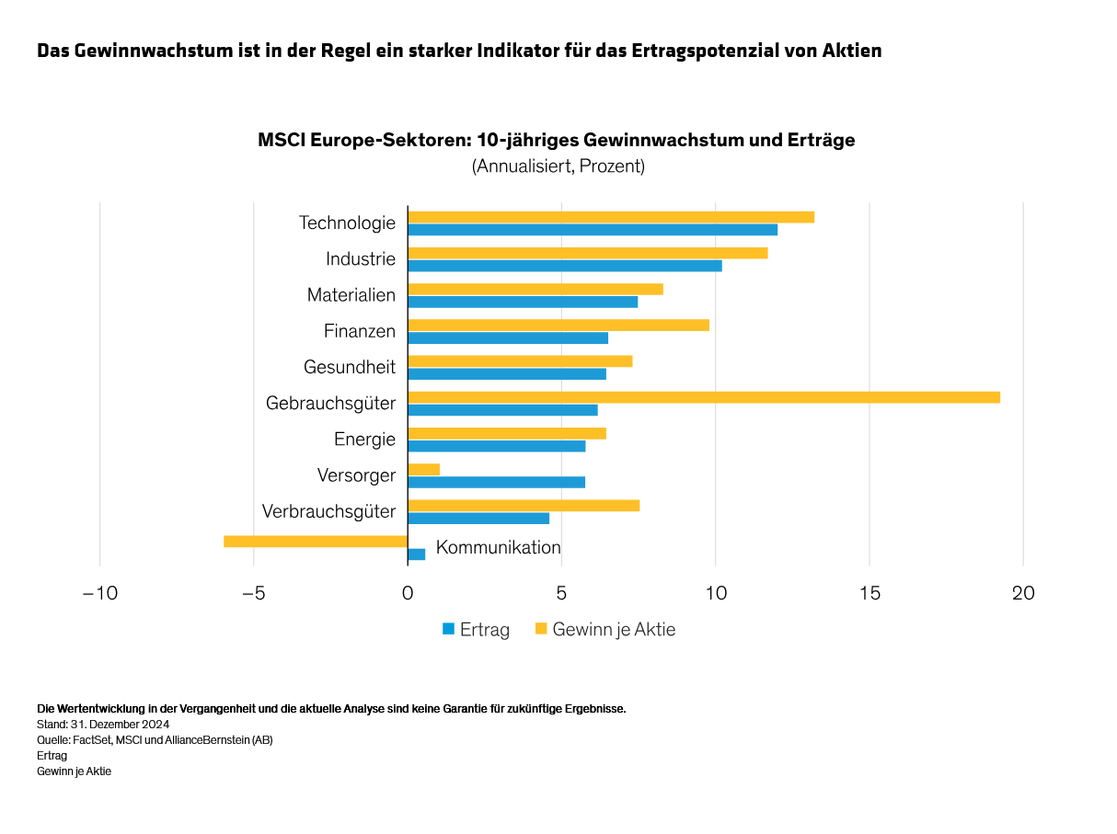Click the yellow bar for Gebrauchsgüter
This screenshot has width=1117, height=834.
coord(704,397)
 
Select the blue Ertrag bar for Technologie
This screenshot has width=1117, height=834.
coord(593,230)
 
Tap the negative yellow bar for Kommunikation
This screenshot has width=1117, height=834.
coord(316,542)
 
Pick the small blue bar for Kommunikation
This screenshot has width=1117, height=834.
coord(417,554)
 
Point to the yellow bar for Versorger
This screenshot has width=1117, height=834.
coord(424,470)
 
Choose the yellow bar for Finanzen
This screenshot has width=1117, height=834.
coord(558,326)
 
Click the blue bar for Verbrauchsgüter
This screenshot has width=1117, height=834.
coord(478,519)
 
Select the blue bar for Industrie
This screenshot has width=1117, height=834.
coord(565,266)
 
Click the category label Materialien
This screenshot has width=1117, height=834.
coord(351,295)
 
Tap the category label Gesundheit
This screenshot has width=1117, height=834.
coord(350,367)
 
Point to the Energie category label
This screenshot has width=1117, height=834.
coord(364,440)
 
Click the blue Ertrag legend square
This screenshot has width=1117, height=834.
coord(449,630)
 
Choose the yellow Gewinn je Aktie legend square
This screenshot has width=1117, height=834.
coord(541,630)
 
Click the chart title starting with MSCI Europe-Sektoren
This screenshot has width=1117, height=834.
coord(557,141)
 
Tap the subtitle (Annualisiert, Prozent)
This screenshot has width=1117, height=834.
coord(558,166)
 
